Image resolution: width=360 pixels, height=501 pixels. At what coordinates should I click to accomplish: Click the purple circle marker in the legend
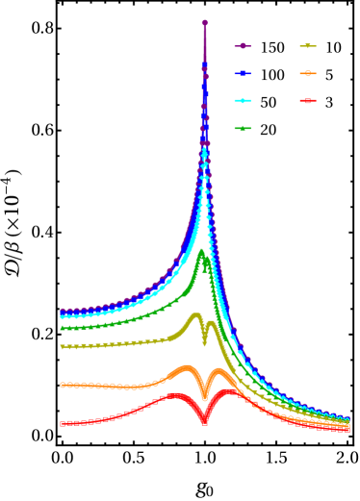point(243,46)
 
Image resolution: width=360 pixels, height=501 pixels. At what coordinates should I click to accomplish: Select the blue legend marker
point(243,73)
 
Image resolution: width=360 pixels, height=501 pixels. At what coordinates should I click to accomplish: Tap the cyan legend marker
point(243,100)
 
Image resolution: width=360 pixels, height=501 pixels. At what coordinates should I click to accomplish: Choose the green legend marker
point(243,128)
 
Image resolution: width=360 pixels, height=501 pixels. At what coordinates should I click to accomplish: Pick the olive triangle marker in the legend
point(308,46)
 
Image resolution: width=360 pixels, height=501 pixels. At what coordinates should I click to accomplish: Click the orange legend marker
point(308,73)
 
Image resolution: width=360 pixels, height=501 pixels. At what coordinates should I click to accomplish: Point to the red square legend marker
point(308,100)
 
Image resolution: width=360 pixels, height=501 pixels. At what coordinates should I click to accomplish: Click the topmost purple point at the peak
point(204,22)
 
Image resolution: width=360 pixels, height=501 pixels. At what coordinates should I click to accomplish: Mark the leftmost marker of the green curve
point(63,328)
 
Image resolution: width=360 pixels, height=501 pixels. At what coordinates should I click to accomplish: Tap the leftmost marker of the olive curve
point(63,347)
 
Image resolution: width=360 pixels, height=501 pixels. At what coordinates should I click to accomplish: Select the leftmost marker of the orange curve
point(63,385)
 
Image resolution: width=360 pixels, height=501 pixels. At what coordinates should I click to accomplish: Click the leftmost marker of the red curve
point(63,423)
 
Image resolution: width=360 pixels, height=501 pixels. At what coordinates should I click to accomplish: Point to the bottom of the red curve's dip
point(204,421)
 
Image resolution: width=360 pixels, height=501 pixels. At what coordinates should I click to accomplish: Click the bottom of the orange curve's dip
point(204,397)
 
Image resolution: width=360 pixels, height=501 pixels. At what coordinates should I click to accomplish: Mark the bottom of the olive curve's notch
point(204,342)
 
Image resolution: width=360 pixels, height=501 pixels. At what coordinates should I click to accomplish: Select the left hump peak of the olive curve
point(196,315)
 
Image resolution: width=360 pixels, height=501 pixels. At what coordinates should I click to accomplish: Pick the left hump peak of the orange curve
point(185,368)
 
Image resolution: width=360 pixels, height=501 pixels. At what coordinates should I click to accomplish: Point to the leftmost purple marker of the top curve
point(63,312)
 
